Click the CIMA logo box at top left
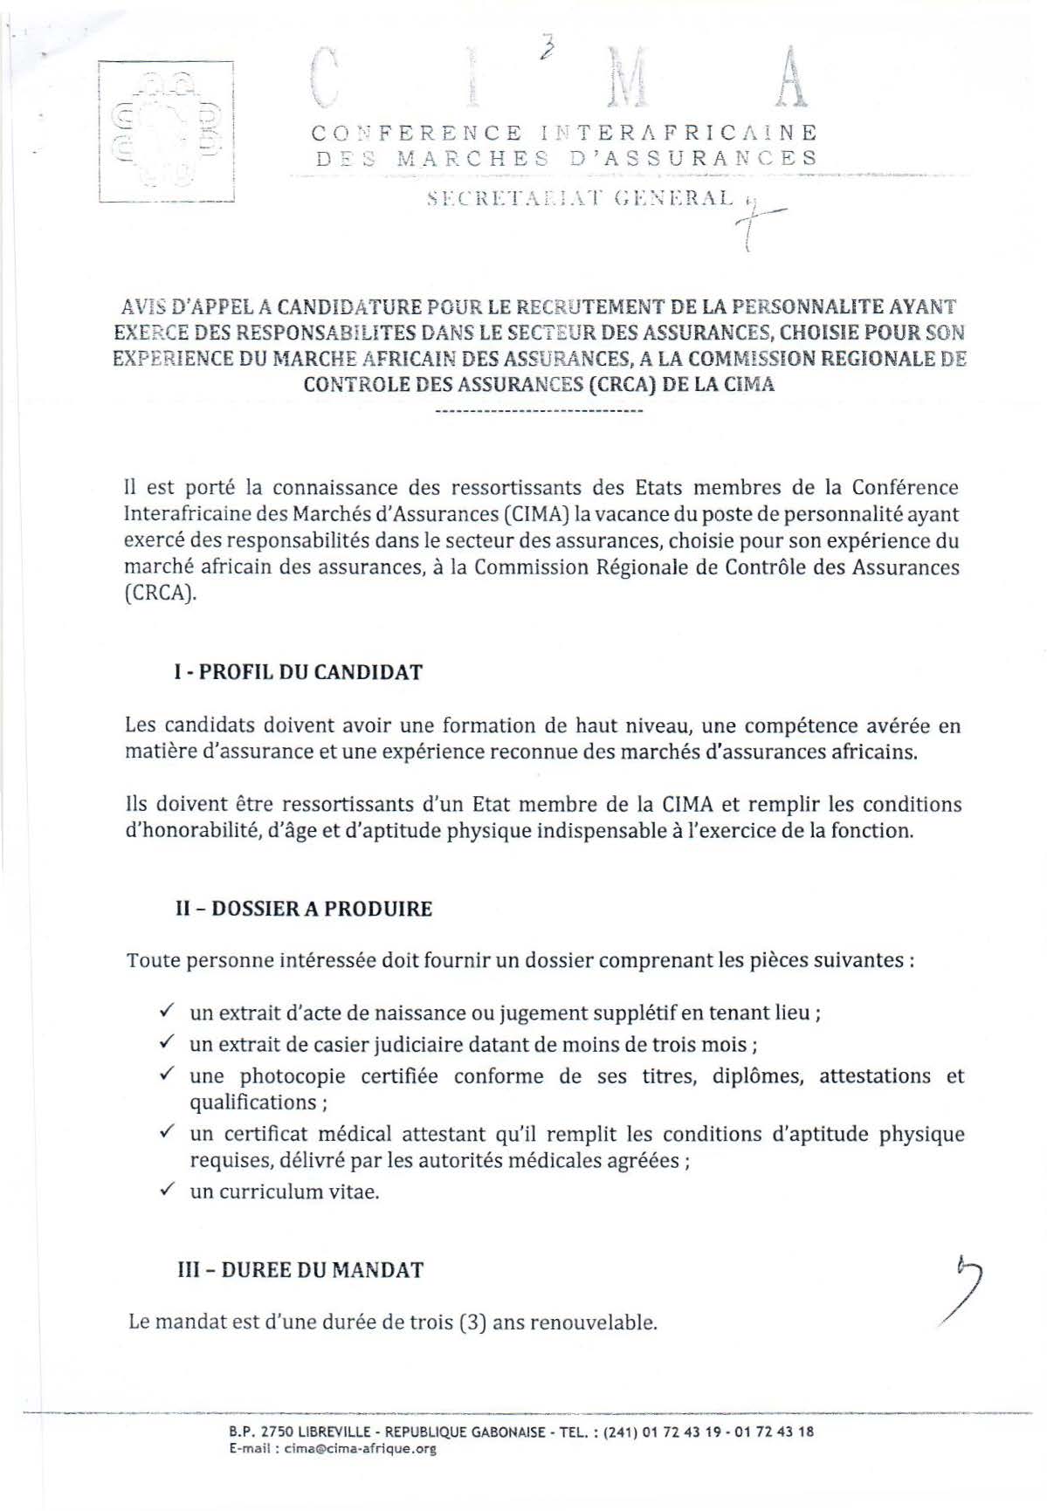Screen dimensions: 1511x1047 tap(166, 131)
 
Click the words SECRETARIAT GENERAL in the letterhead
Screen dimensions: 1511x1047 tap(581, 198)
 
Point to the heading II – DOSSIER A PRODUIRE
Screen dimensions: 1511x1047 tap(304, 909)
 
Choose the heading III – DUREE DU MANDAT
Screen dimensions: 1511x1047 tap(300, 1269)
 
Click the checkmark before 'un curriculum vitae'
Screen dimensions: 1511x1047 tap(167, 1190)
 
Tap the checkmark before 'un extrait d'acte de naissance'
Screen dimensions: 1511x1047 tap(167, 1012)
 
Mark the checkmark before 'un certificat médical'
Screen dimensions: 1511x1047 tap(167, 1132)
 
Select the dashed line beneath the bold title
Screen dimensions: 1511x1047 tap(539, 410)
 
